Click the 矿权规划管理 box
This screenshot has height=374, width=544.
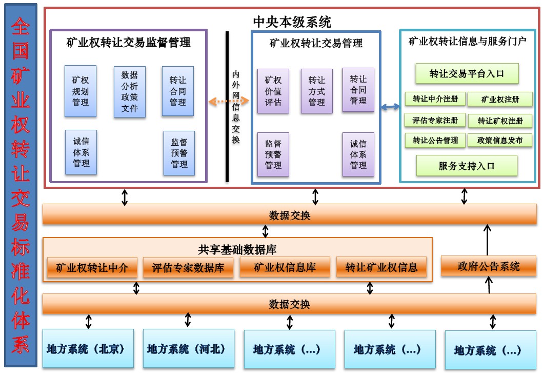pyautogui.click(x=80, y=91)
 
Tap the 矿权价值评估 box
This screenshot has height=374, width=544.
pyautogui.click(x=273, y=91)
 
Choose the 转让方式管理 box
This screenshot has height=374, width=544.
pyautogui.click(x=316, y=91)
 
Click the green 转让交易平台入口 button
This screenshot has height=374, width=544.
pyautogui.click(x=467, y=74)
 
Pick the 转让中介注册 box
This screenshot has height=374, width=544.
pyautogui.click(x=435, y=99)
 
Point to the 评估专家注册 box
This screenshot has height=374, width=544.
pyautogui.click(x=435, y=121)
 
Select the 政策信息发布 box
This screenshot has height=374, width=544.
pyautogui.click(x=500, y=140)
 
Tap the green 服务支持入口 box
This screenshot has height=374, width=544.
pyautogui.click(x=466, y=166)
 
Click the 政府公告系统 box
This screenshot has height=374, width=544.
pyautogui.click(x=488, y=266)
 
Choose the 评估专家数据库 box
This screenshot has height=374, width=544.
pyautogui.click(x=188, y=267)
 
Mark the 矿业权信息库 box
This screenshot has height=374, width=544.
pyautogui.click(x=285, y=267)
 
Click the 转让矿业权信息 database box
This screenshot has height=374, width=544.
pyautogui.click(x=381, y=267)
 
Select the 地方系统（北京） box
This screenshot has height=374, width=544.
pyautogui.click(x=88, y=348)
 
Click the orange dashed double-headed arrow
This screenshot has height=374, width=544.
pyautogui.click(x=229, y=102)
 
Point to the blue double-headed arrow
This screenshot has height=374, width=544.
pyautogui.click(x=390, y=107)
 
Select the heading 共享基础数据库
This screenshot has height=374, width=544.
pyautogui.click(x=237, y=250)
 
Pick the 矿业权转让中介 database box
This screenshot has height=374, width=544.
pyautogui.click(x=91, y=267)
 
